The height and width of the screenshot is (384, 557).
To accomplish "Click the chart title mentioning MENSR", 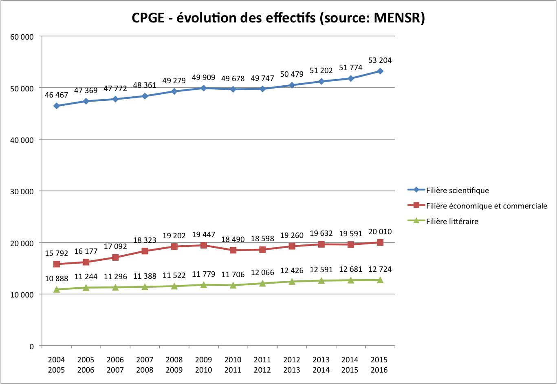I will tap(278, 18).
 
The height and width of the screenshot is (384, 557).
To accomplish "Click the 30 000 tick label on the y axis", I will tap(22, 191).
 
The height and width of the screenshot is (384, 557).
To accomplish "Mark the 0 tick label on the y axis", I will tap(31, 346).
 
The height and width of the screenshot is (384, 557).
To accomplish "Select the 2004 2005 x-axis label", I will tap(56, 365).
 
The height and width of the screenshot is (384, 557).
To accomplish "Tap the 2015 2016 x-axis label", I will tap(379, 365).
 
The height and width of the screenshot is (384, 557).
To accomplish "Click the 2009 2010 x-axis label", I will tap(203, 365).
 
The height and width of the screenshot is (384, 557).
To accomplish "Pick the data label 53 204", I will tap(380, 60).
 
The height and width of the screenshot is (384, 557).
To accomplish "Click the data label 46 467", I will tap(56, 95).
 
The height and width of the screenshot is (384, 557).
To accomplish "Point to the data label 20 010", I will tap(380, 232).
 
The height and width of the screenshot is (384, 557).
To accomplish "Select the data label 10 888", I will tap(56, 279).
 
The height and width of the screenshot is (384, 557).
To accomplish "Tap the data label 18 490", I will tap(233, 240).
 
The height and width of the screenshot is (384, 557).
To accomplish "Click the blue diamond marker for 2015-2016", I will tap(380, 71).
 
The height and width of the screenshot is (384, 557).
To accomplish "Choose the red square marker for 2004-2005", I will tap(57, 264).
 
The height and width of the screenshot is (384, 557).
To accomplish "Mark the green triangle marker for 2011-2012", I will tap(262, 283).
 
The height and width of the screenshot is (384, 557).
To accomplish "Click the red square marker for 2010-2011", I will tap(233, 250).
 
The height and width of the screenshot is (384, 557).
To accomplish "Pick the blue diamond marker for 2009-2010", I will tap(203, 88).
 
